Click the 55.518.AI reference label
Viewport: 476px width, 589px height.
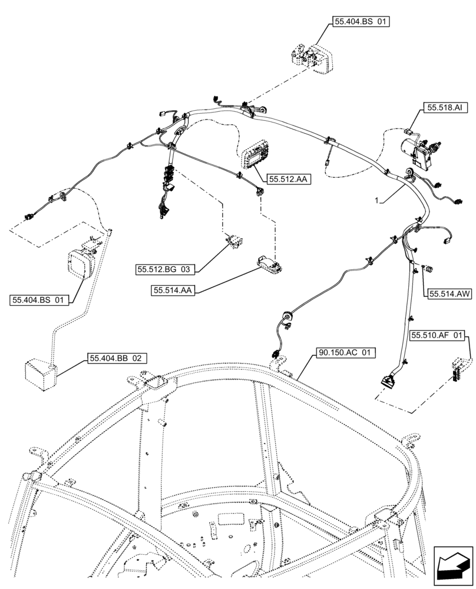[x=445, y=108]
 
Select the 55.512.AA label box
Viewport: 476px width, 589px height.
[x=289, y=179]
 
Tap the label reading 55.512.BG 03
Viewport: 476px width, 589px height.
[x=165, y=269]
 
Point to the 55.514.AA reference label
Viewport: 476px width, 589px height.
[x=173, y=290]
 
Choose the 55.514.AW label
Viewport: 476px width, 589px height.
[x=450, y=293]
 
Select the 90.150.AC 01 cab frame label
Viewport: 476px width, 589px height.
[x=346, y=353]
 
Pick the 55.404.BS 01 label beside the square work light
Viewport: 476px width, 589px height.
[x=39, y=300]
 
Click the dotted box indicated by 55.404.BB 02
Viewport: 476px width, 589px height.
[x=39, y=372]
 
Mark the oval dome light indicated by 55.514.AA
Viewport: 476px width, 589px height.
[x=270, y=264]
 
